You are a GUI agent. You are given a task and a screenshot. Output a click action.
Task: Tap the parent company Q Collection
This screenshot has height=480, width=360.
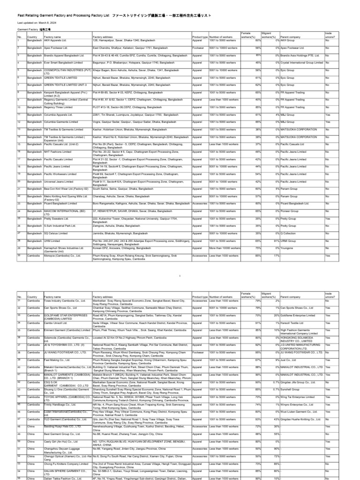[x=291, y=233]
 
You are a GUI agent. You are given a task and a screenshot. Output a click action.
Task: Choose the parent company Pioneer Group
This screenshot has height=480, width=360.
[x=291, y=210]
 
